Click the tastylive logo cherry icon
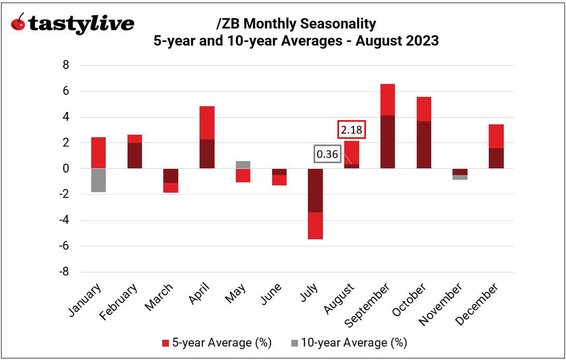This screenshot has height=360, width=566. (19, 23)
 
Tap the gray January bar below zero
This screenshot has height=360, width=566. (98, 180)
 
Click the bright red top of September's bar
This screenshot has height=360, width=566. (388, 99)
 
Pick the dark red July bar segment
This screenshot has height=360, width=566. (316, 190)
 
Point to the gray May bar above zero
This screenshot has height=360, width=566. (243, 165)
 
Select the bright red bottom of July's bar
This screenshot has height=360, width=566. (316, 225)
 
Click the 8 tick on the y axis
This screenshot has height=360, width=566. (66, 65)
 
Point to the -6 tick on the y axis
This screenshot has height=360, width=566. (64, 246)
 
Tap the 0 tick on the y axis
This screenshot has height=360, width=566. (66, 169)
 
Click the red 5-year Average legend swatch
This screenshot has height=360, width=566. (165, 343)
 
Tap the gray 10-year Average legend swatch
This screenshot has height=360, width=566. (294, 343)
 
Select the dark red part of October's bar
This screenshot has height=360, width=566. (423, 145)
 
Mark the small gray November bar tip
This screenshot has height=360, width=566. (460, 178)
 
